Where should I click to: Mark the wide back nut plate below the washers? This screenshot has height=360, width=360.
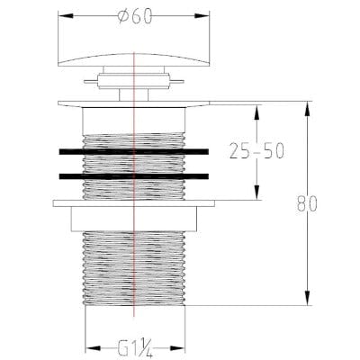[x=134, y=202]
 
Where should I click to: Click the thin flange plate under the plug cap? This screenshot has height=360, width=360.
[x=134, y=103]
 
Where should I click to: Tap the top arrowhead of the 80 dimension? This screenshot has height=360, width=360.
[x=306, y=105]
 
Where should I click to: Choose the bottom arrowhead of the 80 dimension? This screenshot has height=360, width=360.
[x=306, y=304]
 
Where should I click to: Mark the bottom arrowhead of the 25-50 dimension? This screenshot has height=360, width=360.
[x=256, y=197]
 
